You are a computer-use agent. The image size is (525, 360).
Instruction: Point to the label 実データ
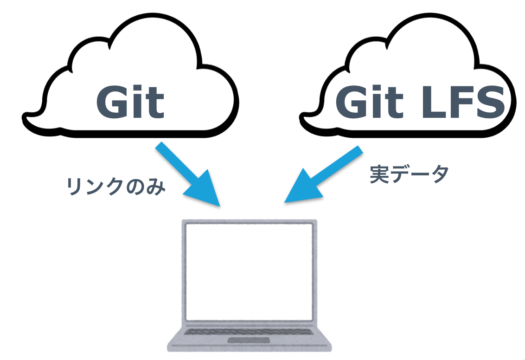pyautogui.click(x=409, y=174)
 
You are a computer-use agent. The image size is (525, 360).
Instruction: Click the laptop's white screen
pyautogui.click(x=249, y=272)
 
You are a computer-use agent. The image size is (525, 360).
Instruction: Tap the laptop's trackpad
pyautogui.click(x=250, y=341)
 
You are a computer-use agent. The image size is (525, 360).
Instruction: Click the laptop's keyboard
pyautogui.click(x=249, y=331)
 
